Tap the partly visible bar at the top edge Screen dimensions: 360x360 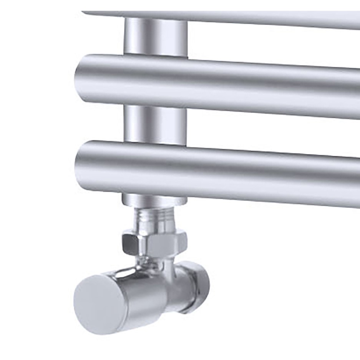click(x=231, y=17)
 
